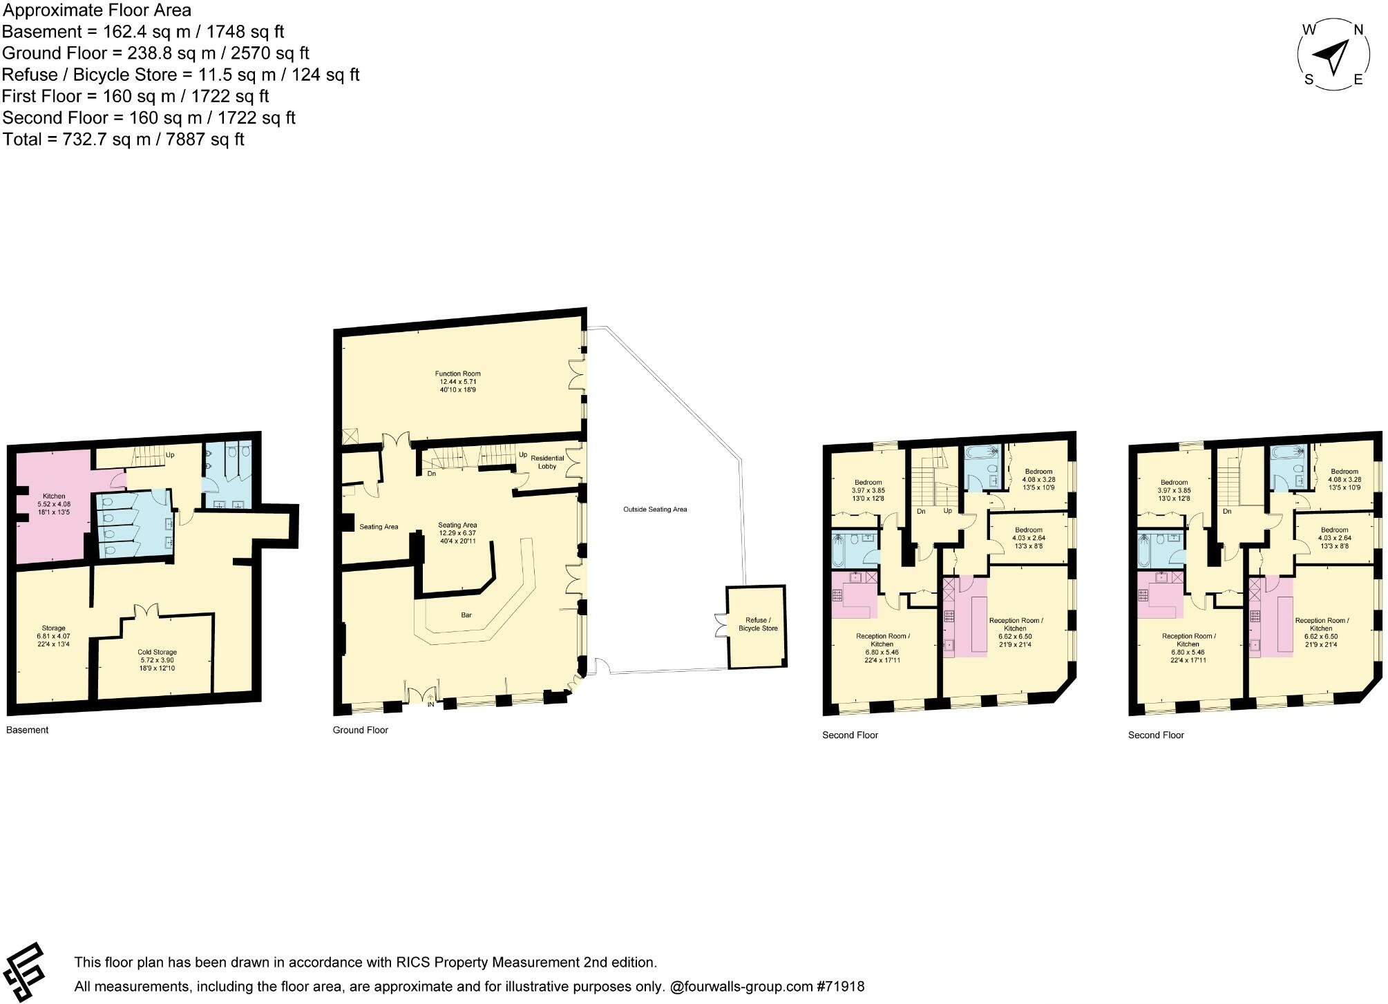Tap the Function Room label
(x=457, y=381)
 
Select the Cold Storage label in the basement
(x=157, y=659)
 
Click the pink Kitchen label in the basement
(x=54, y=503)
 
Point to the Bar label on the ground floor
(x=466, y=615)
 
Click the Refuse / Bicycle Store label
(x=758, y=624)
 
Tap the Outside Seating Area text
(x=655, y=510)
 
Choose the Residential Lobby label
(x=547, y=462)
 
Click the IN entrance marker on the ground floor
(x=430, y=704)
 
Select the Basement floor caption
(x=28, y=730)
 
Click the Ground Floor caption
(x=361, y=730)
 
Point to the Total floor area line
(x=124, y=139)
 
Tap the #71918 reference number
(x=840, y=987)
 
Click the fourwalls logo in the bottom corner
(x=23, y=972)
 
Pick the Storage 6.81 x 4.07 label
(x=53, y=636)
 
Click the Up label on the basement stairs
(x=170, y=455)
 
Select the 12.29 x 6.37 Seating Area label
(x=457, y=533)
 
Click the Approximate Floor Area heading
(x=97, y=10)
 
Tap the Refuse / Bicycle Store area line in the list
(x=181, y=75)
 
